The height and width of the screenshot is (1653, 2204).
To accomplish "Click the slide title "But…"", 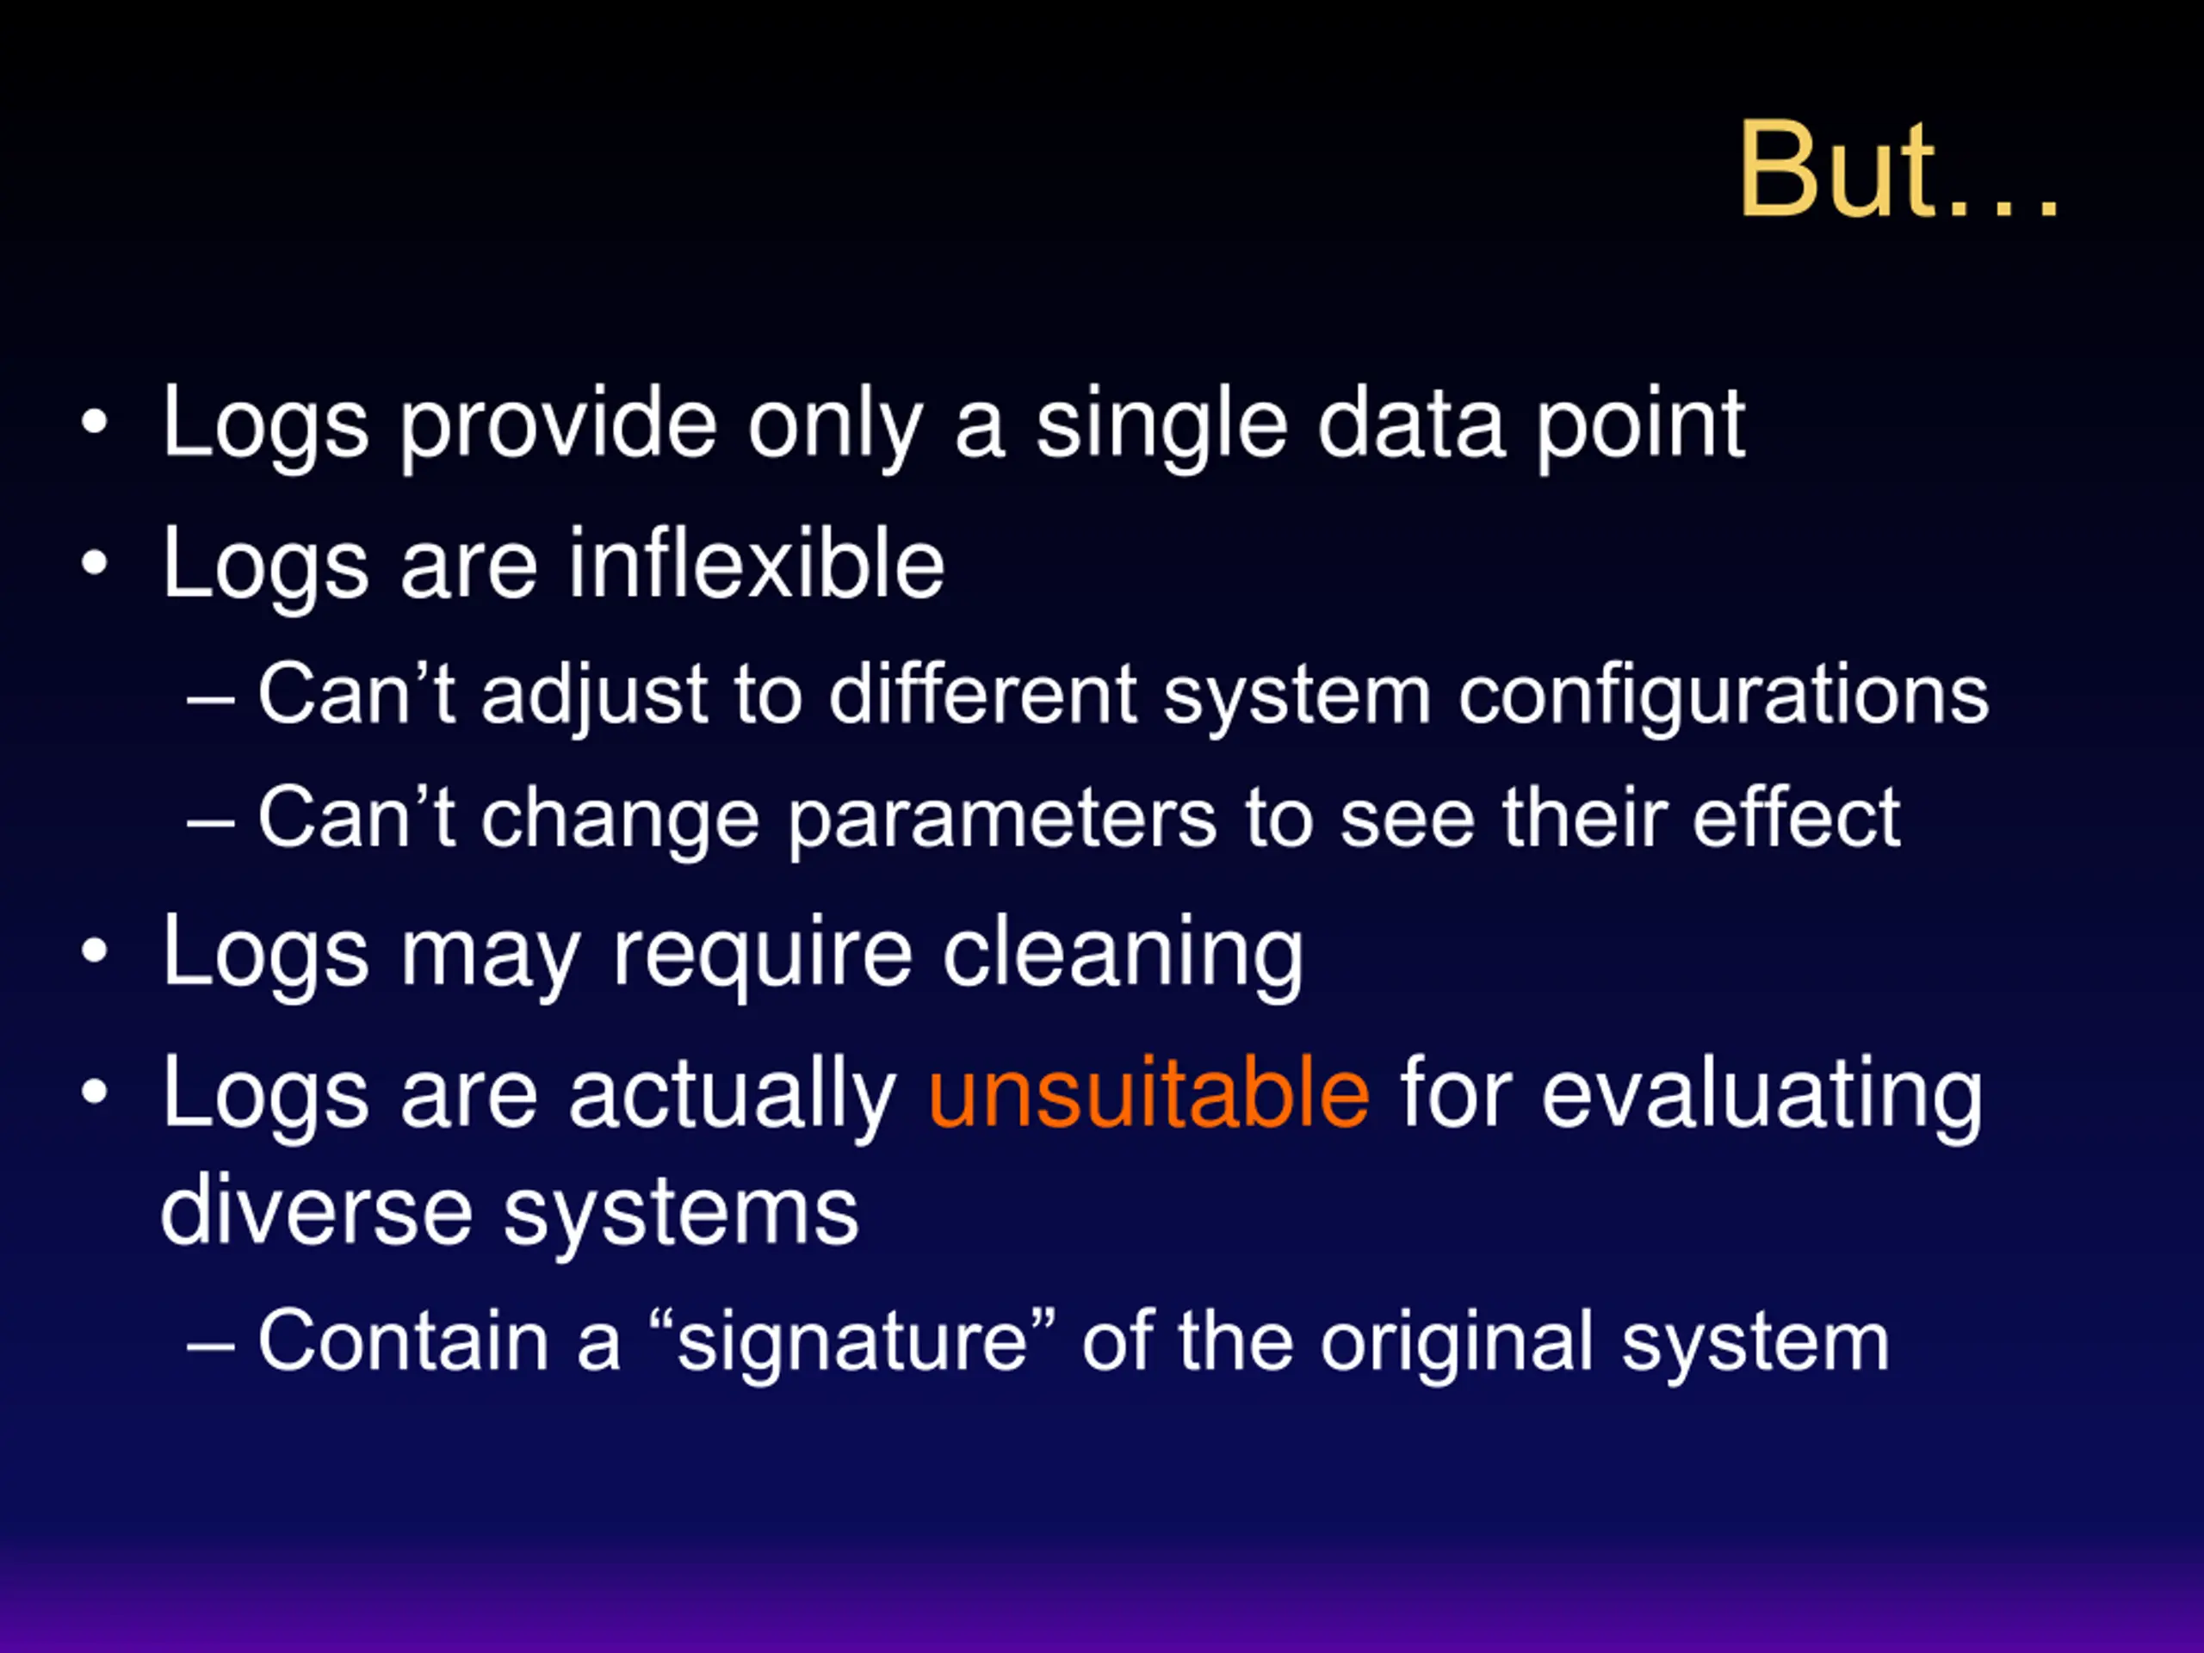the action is [x=1898, y=170].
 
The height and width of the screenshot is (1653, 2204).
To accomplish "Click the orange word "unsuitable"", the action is [x=1148, y=1094].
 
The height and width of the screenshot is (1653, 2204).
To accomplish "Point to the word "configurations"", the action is [x=1724, y=696].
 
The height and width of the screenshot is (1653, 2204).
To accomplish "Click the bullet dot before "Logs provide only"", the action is [x=95, y=422].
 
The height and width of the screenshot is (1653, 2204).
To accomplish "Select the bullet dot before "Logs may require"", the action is [x=95, y=950].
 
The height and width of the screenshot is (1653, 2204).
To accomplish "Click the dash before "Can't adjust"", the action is [x=210, y=699].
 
